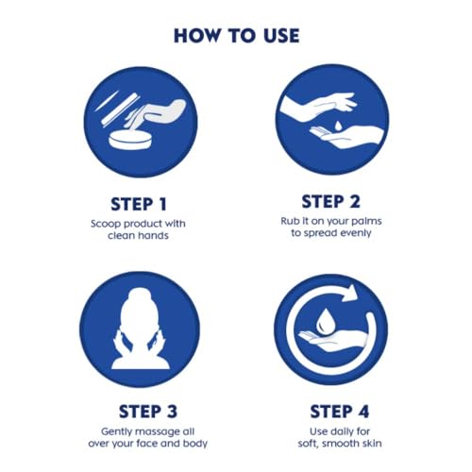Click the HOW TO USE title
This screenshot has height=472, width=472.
[x=236, y=36]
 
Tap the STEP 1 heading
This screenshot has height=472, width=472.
[x=139, y=204]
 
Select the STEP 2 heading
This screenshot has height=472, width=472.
[x=330, y=202]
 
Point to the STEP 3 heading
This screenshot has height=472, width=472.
[x=148, y=412]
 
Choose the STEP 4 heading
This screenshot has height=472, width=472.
[x=339, y=412]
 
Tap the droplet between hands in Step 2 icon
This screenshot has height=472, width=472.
[x=338, y=126]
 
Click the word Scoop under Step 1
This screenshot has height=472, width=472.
[x=106, y=224]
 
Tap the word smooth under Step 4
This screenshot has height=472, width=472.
[x=342, y=444]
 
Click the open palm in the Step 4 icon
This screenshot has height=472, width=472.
[x=333, y=342]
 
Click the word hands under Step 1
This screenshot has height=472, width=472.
[x=153, y=235]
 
